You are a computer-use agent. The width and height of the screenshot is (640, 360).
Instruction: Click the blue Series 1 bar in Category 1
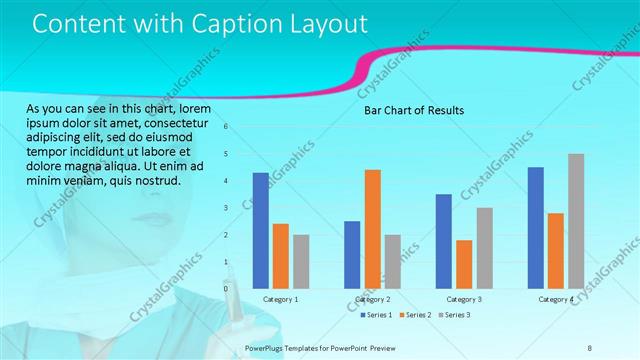click(x=260, y=230)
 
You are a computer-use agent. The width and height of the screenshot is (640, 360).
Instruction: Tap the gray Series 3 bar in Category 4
click(x=575, y=221)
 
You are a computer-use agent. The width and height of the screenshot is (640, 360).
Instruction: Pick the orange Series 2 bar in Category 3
click(x=464, y=263)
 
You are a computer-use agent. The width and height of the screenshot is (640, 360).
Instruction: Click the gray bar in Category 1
click(x=301, y=261)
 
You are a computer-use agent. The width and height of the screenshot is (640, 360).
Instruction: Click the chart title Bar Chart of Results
click(x=413, y=110)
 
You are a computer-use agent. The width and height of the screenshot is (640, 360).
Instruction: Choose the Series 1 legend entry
click(x=378, y=315)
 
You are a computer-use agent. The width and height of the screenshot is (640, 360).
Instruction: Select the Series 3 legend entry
click(x=454, y=315)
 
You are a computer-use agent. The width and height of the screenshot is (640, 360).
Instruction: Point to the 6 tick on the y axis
click(x=227, y=127)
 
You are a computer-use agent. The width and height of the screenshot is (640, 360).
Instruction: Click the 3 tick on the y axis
click(x=227, y=208)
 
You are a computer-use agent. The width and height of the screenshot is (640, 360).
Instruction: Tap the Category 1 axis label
click(x=280, y=299)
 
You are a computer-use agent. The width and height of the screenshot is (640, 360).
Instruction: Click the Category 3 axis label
click(x=464, y=299)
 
